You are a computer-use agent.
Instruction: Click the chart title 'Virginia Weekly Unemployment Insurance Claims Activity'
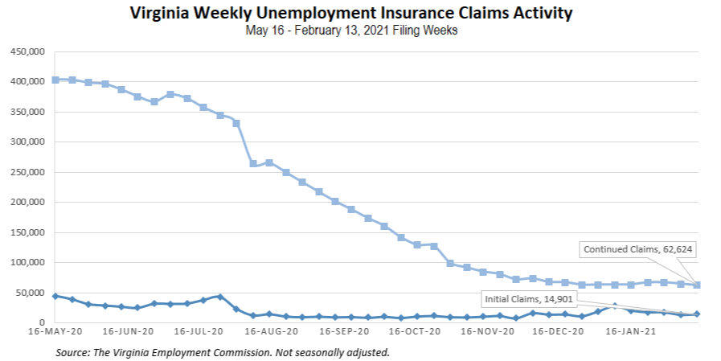pyautogui.click(x=354, y=14)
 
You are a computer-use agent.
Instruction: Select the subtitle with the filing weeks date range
pyautogui.click(x=354, y=31)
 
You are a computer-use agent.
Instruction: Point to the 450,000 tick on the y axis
pyautogui.click(x=27, y=52)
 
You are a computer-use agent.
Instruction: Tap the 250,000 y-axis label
pyautogui.click(x=27, y=172)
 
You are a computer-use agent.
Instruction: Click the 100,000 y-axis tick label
pyautogui.click(x=27, y=263)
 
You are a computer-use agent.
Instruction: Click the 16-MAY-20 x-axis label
pyautogui.click(x=54, y=331)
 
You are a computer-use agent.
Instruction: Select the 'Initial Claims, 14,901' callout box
pyautogui.click(x=528, y=299)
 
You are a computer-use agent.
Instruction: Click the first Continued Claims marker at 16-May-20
pyautogui.click(x=55, y=80)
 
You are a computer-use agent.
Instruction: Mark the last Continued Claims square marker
pyautogui.click(x=697, y=285)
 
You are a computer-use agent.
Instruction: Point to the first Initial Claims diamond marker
pyautogui.click(x=55, y=296)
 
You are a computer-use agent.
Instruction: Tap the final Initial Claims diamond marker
pyautogui.click(x=697, y=314)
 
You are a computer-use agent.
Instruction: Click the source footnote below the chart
pyautogui.click(x=222, y=352)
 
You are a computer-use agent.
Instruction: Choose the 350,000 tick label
pyautogui.click(x=27, y=112)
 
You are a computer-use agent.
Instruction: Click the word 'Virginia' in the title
pyautogui.click(x=158, y=14)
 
